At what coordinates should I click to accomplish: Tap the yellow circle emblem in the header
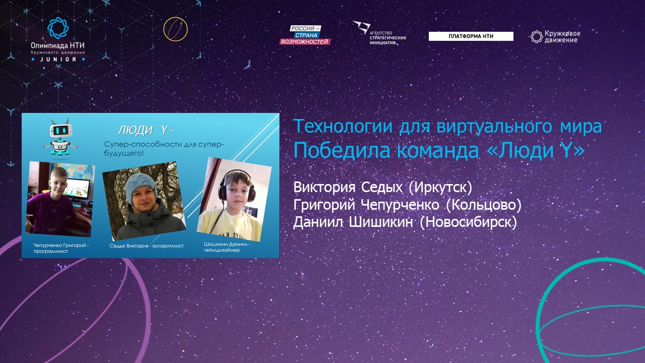click(x=175, y=29)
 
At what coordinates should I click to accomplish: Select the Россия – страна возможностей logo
click(x=305, y=35)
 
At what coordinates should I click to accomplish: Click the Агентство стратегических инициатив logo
click(x=379, y=33)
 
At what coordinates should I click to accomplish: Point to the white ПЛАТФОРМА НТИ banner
click(x=471, y=36)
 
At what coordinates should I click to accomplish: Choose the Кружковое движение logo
click(x=555, y=37)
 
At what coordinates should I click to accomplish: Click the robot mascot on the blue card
click(x=60, y=138)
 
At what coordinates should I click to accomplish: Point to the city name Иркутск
click(x=440, y=188)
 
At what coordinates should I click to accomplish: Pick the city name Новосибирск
click(x=468, y=222)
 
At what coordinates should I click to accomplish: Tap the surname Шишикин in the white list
click(x=380, y=222)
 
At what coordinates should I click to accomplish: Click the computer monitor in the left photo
click(x=78, y=189)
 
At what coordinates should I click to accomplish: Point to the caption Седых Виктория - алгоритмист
click(x=147, y=246)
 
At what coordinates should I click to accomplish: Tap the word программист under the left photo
click(x=51, y=251)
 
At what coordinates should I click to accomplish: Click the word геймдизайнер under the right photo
click(x=222, y=250)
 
